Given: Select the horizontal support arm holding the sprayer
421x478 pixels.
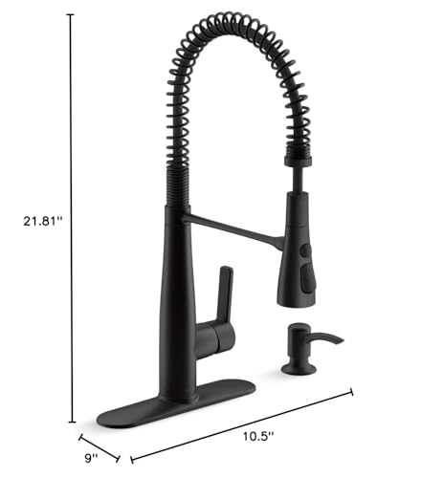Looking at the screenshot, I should [x=230, y=225].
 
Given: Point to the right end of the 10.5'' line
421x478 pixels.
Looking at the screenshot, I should [x=353, y=391].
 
